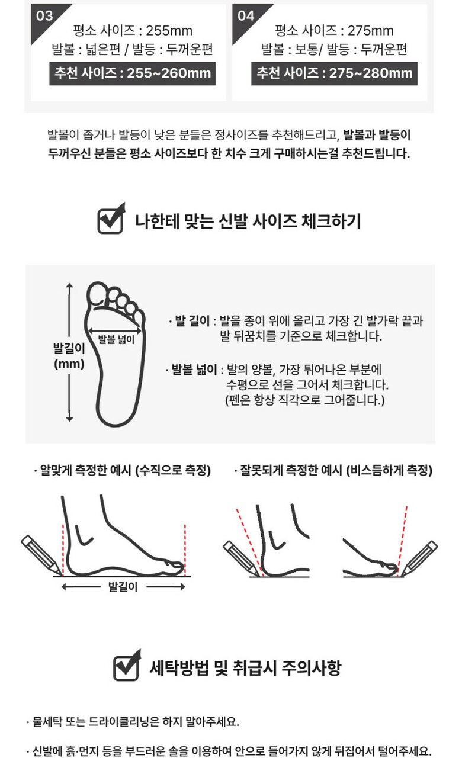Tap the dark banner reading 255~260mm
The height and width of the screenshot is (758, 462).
132,73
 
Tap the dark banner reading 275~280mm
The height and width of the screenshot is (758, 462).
334,73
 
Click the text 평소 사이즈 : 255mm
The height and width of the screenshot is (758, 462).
133,31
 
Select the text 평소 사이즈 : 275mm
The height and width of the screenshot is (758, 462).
334,31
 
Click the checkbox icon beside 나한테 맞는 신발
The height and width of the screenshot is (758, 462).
111,219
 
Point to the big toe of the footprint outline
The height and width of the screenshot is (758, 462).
97,293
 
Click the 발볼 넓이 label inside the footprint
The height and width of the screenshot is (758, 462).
116,339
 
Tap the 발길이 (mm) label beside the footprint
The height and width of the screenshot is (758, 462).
69,356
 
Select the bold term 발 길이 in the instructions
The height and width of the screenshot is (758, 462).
192,320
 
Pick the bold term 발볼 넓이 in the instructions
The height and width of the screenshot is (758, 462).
194,369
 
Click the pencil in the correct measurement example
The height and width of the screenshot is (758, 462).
41,555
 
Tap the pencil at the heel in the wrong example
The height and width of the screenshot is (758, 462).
240,558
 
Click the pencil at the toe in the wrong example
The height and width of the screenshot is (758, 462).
419,558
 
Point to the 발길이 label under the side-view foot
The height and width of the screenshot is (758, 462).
123,586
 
